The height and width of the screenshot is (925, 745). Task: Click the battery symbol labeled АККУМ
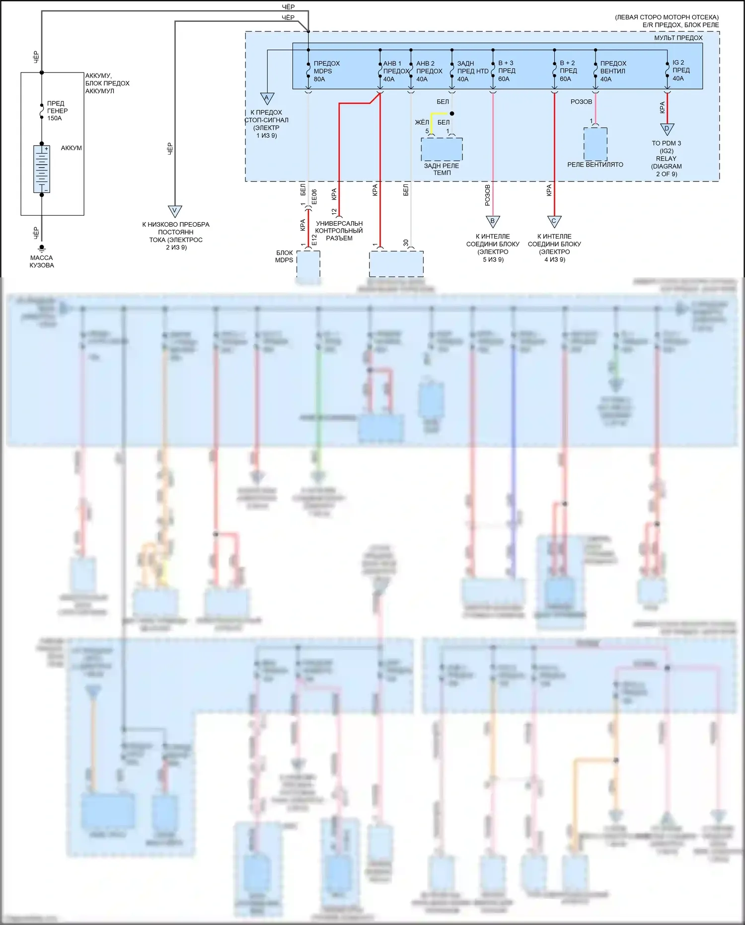click(42, 169)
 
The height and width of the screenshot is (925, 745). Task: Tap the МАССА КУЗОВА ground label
click(42, 261)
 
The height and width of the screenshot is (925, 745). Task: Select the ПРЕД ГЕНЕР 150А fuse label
click(57, 111)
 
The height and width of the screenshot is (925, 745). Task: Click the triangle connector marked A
click(267, 98)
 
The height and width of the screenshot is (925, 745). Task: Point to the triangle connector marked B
click(493, 221)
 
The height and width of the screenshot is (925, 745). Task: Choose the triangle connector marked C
click(554, 221)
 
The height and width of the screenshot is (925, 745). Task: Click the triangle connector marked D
click(667, 129)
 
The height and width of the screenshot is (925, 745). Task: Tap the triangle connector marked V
click(175, 211)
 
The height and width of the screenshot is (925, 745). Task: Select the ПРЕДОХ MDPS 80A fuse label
click(326, 71)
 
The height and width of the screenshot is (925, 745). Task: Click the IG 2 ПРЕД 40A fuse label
click(680, 71)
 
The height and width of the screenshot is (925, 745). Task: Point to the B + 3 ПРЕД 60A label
click(507, 71)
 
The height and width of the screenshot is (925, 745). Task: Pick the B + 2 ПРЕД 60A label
click(568, 71)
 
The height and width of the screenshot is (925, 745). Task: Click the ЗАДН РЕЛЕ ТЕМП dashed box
click(442, 149)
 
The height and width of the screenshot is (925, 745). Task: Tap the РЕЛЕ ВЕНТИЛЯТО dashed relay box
click(596, 144)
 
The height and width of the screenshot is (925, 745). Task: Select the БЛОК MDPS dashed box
click(308, 263)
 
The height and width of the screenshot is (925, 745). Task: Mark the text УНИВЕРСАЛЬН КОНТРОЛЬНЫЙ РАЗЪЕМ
click(339, 231)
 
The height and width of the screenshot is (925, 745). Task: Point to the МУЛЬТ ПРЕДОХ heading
click(678, 38)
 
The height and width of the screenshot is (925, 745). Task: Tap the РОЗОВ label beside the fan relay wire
click(581, 102)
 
